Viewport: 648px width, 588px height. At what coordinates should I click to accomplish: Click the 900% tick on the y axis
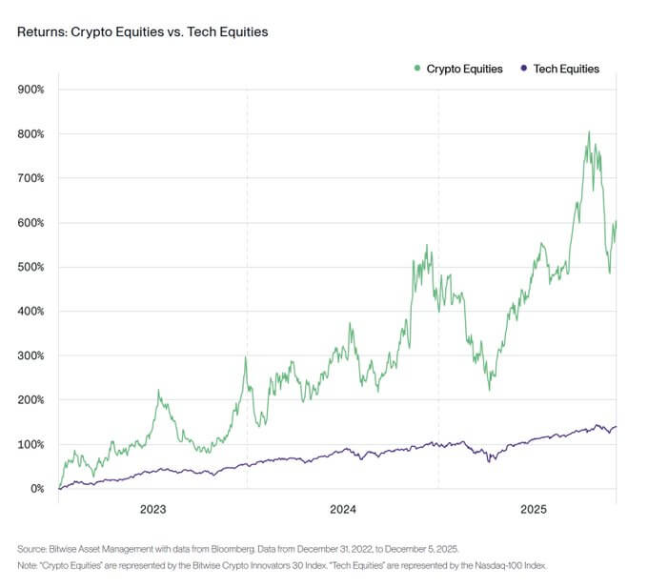click(31, 90)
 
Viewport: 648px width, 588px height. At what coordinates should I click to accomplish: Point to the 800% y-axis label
click(31, 134)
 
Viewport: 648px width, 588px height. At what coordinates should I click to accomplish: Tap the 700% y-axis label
click(31, 178)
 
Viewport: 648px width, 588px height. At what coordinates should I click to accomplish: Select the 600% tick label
click(31, 223)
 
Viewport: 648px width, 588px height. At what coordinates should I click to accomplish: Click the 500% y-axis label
click(31, 267)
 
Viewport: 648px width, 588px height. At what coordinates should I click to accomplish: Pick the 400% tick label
click(31, 312)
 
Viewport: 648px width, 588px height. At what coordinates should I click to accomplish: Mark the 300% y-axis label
click(31, 355)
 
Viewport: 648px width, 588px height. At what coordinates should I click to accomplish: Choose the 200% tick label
click(31, 400)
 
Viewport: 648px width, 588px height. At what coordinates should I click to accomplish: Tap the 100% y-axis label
click(31, 444)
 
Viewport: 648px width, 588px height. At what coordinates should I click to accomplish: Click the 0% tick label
click(36, 489)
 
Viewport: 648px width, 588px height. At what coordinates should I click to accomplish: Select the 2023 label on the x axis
click(152, 510)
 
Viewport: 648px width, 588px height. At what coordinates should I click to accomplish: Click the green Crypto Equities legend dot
click(417, 69)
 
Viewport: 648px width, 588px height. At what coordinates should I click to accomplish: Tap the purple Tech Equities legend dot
click(523, 69)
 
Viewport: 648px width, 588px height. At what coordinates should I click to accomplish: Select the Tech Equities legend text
click(566, 69)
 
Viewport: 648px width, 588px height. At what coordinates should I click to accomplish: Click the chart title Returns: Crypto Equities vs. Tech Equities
click(143, 32)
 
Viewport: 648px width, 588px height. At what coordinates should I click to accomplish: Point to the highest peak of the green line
click(589, 132)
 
